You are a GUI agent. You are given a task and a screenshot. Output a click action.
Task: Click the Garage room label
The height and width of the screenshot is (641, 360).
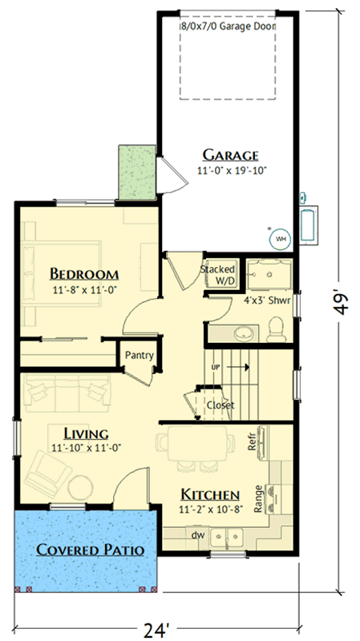[230, 155]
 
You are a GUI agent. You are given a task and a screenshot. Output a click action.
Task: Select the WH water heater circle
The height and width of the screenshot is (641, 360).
[281, 238]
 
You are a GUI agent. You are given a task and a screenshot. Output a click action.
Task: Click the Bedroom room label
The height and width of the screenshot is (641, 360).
[84, 272]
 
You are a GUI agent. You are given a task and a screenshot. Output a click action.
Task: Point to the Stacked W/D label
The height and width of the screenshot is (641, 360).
[217, 274]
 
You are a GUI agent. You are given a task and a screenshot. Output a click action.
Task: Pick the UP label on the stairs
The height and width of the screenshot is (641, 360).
[214, 367]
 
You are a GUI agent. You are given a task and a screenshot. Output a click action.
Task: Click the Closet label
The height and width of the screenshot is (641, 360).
[220, 405]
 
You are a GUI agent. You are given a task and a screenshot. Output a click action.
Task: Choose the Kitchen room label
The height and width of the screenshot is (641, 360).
[209, 494]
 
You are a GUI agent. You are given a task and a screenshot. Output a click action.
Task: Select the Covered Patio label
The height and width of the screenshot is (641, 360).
[90, 550]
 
